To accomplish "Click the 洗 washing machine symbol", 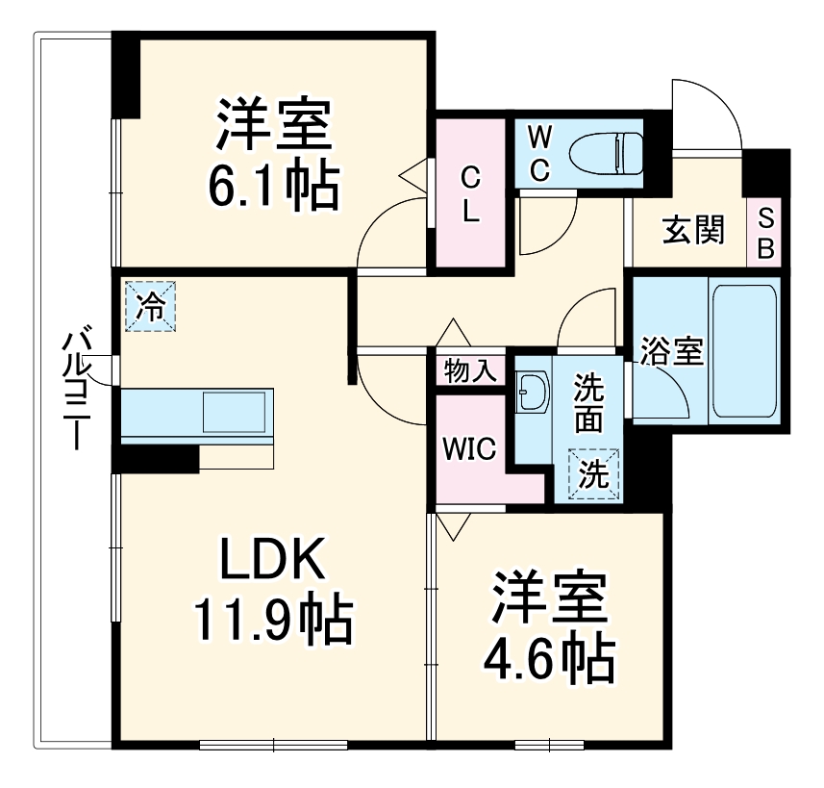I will point(594,473).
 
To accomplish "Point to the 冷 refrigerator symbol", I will point(150,306).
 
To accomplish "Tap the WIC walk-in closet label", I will point(468,448).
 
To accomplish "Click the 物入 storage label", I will point(469,370).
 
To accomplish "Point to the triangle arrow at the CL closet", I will point(412,176).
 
